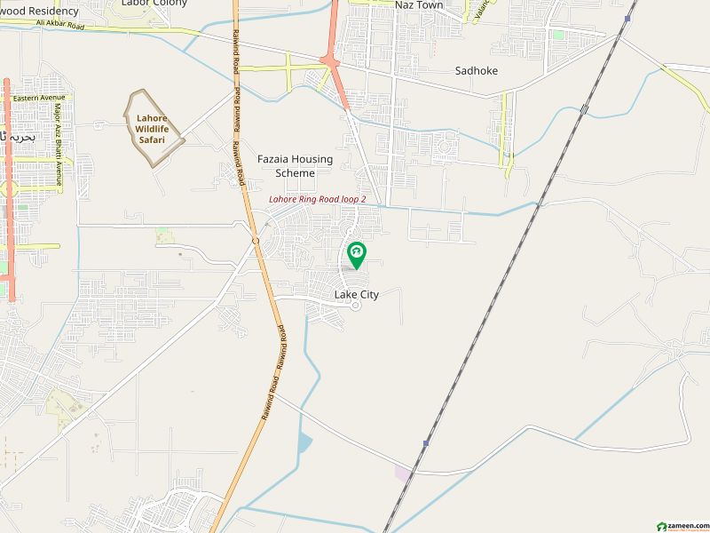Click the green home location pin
click(x=356, y=254)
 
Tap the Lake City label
click(x=357, y=295)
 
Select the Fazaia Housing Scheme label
click(x=295, y=166)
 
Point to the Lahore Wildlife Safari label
click(x=152, y=129)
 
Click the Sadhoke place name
click(x=477, y=70)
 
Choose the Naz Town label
click(x=419, y=5)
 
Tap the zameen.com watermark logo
click(x=680, y=526)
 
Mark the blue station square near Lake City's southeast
click(x=426, y=442)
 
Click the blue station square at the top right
click(x=627, y=19)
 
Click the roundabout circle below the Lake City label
click(x=356, y=307)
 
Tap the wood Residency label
click(x=39, y=12)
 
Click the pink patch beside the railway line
click(x=403, y=473)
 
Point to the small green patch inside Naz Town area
click(x=558, y=35)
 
